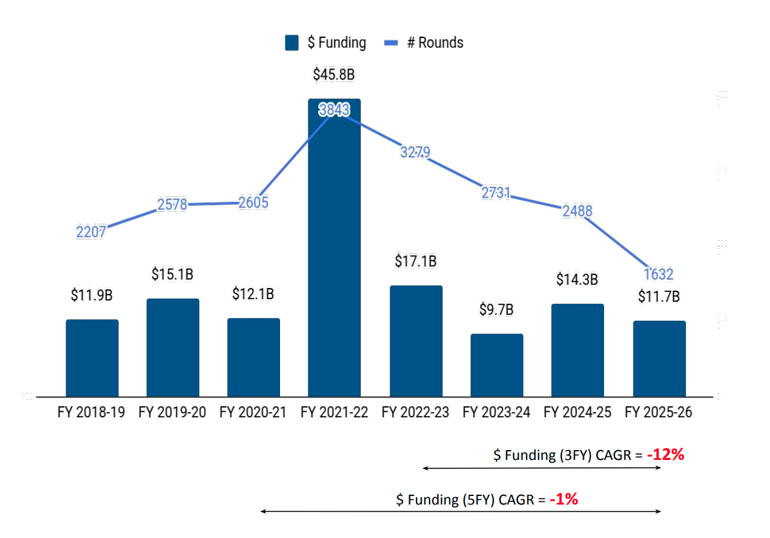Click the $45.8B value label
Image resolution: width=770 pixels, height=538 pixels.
click(x=334, y=74)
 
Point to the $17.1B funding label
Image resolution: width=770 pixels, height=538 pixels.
click(x=416, y=260)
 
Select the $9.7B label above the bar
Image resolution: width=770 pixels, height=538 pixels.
click(x=496, y=309)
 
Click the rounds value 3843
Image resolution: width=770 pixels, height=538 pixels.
click(x=334, y=110)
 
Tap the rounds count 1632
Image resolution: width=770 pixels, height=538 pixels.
click(x=659, y=274)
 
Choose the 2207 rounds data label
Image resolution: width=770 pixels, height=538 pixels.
click(x=91, y=232)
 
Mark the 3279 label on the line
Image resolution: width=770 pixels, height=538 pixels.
click(x=415, y=152)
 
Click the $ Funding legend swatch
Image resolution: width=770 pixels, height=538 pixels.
click(x=292, y=43)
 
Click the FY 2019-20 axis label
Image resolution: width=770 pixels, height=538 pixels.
click(x=172, y=413)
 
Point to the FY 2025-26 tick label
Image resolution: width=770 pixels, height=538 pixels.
click(x=659, y=413)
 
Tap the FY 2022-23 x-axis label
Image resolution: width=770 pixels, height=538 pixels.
click(x=416, y=413)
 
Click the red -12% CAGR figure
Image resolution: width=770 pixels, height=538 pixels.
click(x=665, y=455)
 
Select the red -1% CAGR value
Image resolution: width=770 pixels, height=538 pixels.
click(x=563, y=499)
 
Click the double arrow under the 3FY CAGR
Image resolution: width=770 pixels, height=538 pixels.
click(x=542, y=468)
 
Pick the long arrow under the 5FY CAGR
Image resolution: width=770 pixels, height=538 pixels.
click(x=460, y=511)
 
